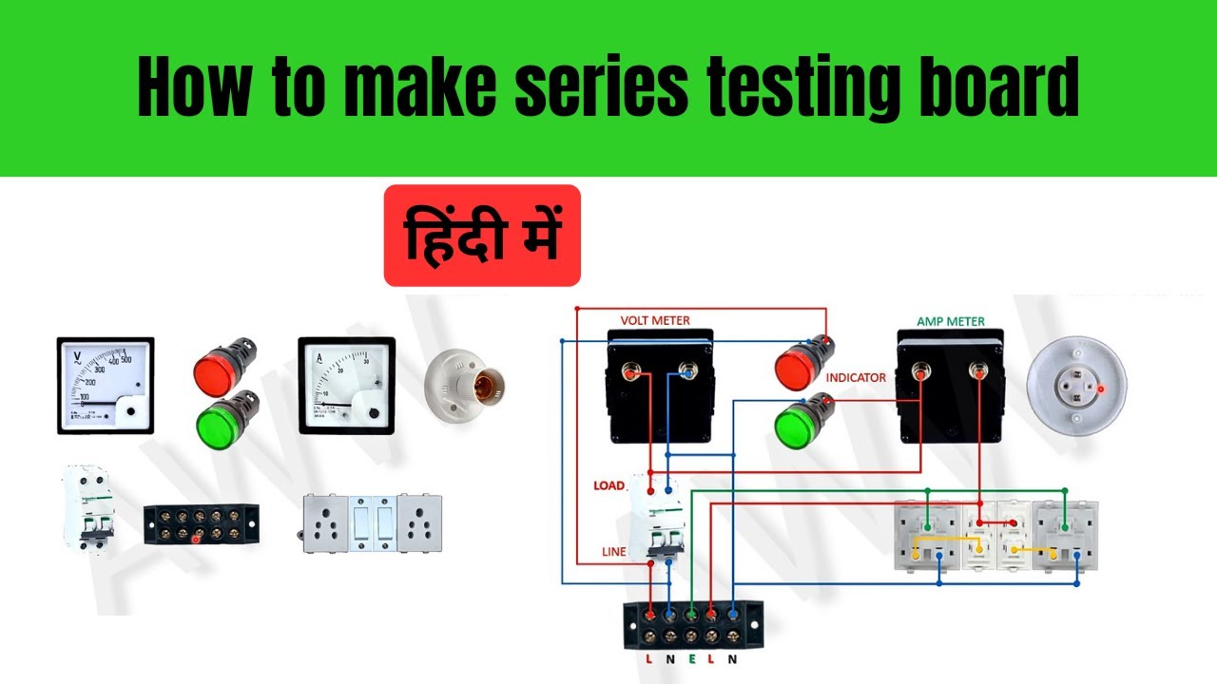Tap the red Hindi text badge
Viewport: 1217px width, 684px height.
pos(482,236)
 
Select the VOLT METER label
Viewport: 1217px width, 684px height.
pos(655,321)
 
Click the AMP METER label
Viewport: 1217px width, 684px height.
pos(950,321)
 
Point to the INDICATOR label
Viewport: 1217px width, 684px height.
pos(856,378)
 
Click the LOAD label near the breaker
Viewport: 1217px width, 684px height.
pos(608,485)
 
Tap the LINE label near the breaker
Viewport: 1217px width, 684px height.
pos(613,552)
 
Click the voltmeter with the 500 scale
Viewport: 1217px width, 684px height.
pos(105,385)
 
